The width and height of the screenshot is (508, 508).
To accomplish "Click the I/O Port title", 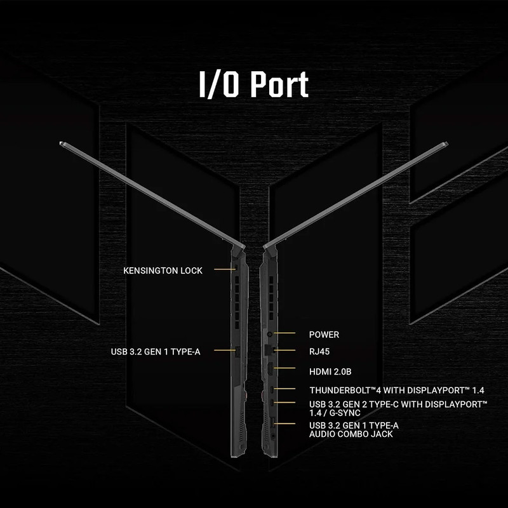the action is (x=253, y=84).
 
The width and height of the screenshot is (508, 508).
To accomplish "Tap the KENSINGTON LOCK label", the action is (x=163, y=271).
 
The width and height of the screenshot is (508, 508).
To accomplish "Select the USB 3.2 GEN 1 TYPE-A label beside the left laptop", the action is (x=156, y=352).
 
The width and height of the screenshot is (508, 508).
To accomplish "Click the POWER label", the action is (x=324, y=335).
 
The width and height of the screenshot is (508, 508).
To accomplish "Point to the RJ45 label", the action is (x=319, y=352).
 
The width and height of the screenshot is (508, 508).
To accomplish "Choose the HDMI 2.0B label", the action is (x=330, y=371).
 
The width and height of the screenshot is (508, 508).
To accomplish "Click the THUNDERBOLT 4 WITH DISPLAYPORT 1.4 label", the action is (x=396, y=390).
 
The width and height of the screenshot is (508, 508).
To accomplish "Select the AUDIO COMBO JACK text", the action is (x=351, y=434).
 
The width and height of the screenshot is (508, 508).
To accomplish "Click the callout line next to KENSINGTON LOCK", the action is (x=225, y=269).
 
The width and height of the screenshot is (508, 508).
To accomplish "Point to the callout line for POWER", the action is (x=284, y=333).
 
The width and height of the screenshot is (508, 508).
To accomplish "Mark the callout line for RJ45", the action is (x=284, y=350).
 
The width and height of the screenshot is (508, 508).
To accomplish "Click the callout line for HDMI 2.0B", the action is (x=284, y=368).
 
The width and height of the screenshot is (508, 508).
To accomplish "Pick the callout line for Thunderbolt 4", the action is (x=284, y=389).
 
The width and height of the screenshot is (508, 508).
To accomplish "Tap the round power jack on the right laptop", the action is (x=269, y=333).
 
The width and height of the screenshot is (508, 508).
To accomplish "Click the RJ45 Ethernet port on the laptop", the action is (x=269, y=350).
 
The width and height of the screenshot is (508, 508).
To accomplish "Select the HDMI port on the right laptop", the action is (x=269, y=370).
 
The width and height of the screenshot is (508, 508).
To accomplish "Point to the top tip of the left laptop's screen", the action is (x=61, y=143).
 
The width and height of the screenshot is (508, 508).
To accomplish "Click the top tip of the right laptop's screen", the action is (x=447, y=143).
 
